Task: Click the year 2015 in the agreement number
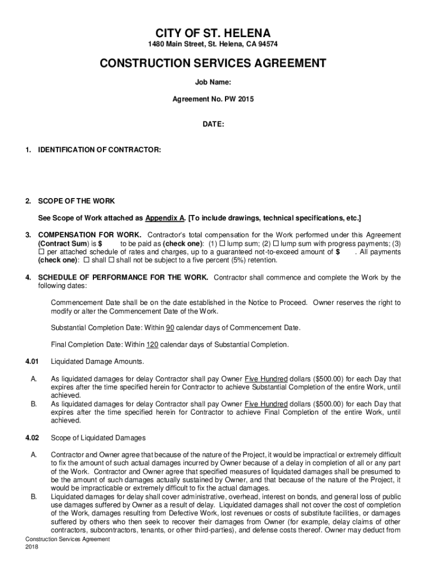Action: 246,99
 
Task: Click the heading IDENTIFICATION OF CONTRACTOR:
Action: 100,150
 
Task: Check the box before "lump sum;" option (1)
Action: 222,244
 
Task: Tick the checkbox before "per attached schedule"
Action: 41,252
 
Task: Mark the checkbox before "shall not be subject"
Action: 111,260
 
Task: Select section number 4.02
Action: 31,438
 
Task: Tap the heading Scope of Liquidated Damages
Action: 98,438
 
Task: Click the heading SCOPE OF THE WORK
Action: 76,201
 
